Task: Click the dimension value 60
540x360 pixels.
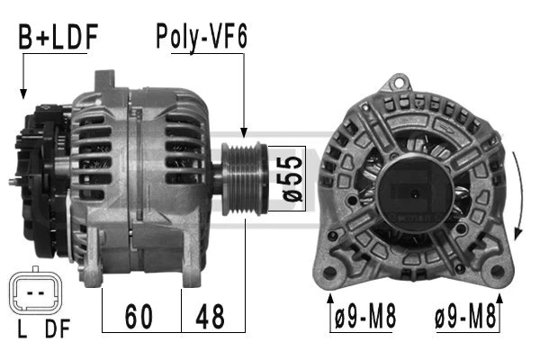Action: click(139, 316)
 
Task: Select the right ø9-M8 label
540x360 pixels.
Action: click(466, 317)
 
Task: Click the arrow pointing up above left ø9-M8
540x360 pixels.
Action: click(330, 299)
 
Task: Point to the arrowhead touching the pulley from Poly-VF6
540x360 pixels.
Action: click(243, 133)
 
